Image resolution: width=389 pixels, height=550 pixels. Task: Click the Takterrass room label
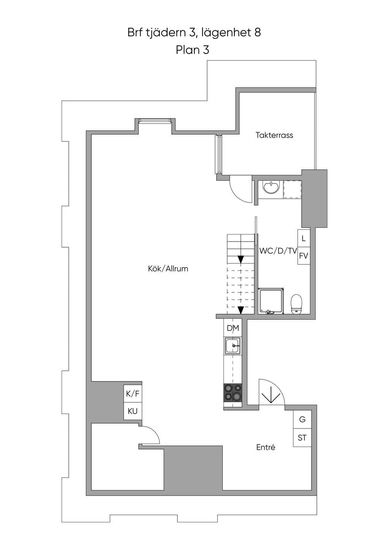[x=274, y=135]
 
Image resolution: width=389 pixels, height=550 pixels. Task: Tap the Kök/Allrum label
[x=168, y=269]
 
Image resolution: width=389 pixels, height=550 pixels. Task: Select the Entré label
[x=266, y=447]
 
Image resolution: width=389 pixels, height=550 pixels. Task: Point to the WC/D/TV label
[x=278, y=251]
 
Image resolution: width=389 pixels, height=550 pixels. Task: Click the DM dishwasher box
[x=233, y=328]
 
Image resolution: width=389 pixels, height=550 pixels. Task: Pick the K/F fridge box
[x=133, y=394]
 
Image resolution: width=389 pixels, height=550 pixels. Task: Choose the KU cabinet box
[x=133, y=411]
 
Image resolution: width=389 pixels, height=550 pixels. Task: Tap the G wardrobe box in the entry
[x=302, y=419]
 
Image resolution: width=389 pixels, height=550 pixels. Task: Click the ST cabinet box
[x=302, y=438]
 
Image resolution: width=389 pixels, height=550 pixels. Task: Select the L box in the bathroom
[x=304, y=238]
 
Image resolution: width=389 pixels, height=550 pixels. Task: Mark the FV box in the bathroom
[x=304, y=256]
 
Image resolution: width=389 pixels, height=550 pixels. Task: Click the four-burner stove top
[x=233, y=392]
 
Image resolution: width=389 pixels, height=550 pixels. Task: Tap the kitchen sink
[x=233, y=346]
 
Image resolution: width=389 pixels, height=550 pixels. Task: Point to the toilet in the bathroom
[x=296, y=304]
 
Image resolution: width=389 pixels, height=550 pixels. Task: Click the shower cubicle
[x=271, y=301]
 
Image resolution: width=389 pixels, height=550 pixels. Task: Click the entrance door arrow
[x=271, y=395]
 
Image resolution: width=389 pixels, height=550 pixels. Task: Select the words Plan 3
[x=193, y=50]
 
